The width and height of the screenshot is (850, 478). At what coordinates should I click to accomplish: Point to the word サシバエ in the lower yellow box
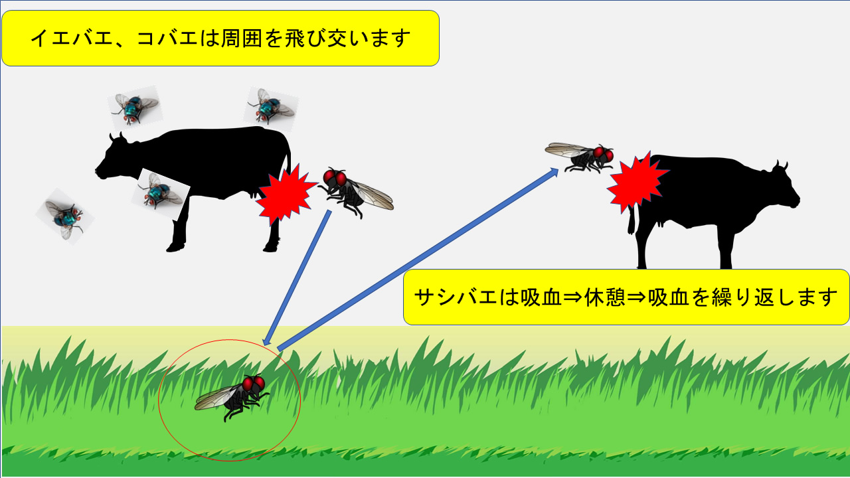click(456, 297)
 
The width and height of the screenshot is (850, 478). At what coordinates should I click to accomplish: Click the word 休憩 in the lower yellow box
click(605, 297)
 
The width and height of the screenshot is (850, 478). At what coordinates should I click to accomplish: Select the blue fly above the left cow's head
click(135, 108)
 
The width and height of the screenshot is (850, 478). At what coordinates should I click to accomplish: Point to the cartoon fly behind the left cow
click(355, 192)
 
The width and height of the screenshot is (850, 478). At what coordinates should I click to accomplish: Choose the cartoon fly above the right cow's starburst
click(580, 157)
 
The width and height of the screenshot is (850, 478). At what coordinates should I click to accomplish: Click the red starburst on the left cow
click(286, 193)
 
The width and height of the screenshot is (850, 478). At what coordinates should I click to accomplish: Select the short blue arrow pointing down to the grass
click(297, 278)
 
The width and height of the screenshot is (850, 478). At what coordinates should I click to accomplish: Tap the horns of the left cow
click(117, 137)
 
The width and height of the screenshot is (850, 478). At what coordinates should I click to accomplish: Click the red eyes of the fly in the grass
click(254, 383)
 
